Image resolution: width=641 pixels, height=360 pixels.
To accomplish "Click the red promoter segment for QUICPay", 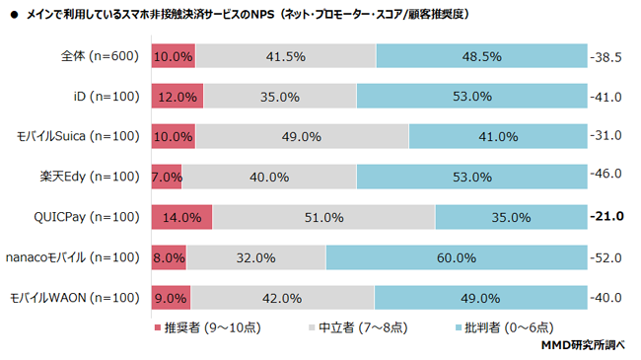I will [182, 217].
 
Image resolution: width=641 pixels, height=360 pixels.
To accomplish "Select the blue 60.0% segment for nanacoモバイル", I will [455, 257].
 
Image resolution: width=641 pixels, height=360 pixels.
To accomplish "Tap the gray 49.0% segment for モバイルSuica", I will [302, 136].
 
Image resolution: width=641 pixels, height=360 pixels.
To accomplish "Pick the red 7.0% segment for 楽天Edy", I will [168, 177].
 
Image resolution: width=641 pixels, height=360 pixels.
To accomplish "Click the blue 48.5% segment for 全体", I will [480, 56].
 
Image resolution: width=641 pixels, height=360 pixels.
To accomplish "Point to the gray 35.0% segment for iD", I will [280, 97].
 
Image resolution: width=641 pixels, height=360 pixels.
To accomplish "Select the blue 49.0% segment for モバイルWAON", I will [480, 298].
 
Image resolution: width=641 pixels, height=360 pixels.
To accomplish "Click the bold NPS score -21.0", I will [605, 217].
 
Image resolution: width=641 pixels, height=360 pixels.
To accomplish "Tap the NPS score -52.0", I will [605, 257].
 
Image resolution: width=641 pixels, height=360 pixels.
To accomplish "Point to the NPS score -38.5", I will [605, 56].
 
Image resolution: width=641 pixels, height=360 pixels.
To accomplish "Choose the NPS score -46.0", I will [605, 177].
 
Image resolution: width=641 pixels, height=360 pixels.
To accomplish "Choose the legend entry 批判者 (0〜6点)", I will [512, 326].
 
